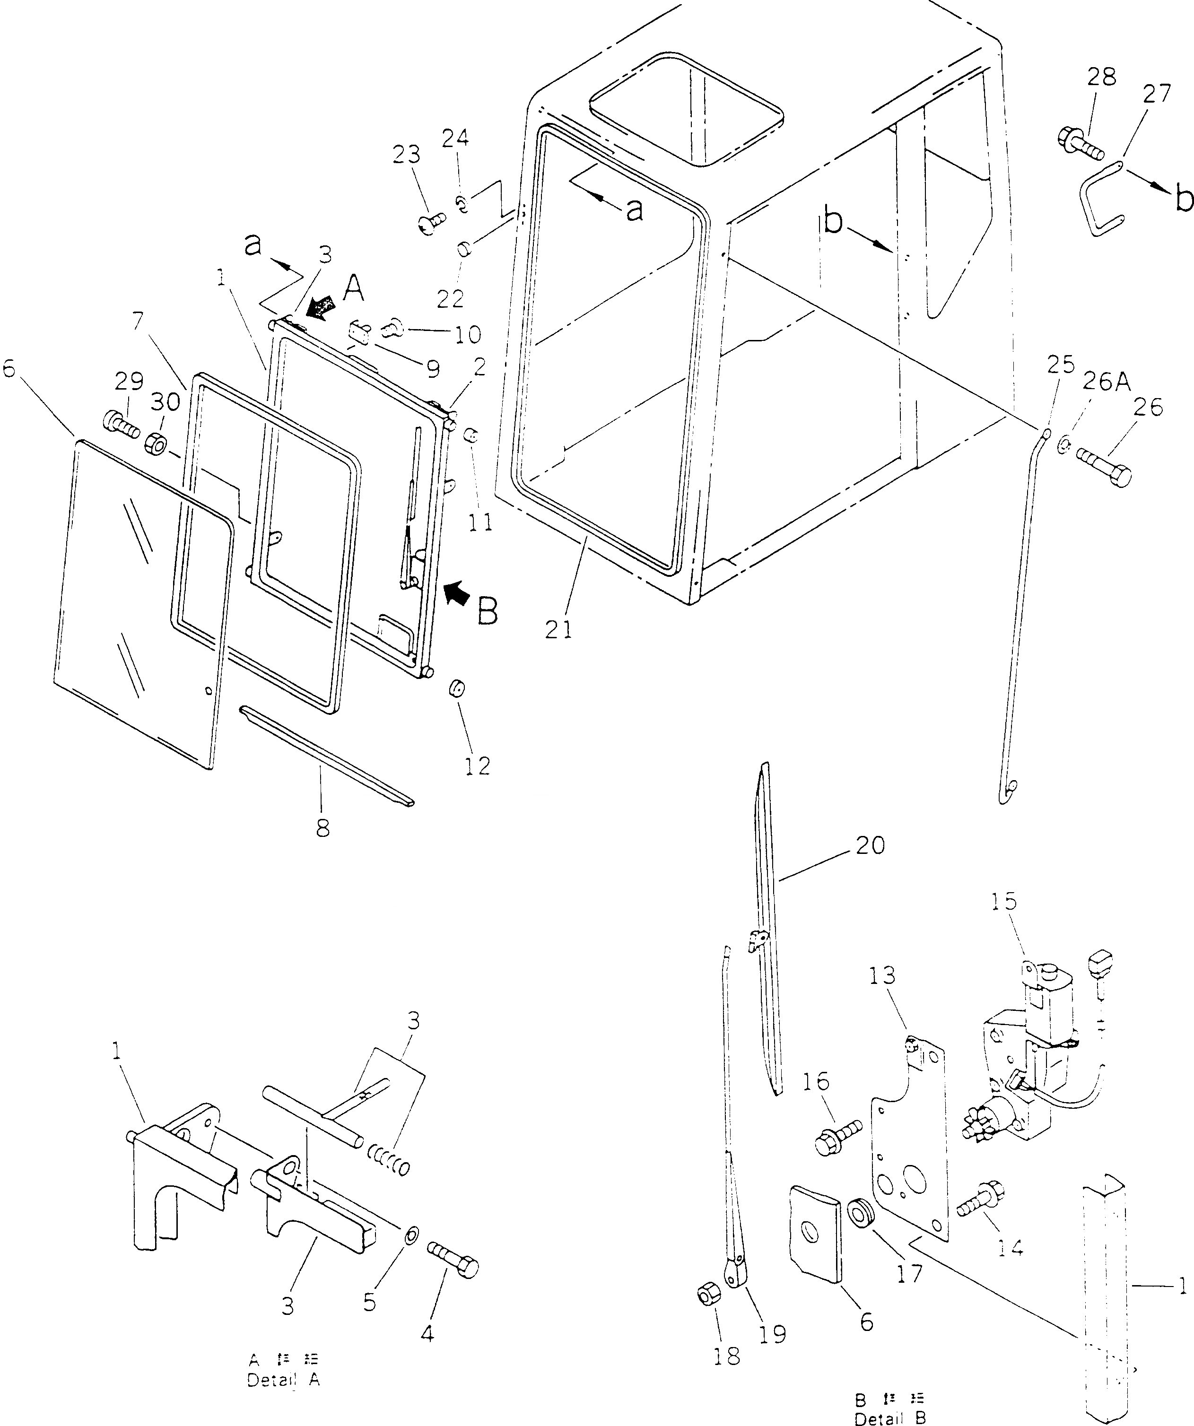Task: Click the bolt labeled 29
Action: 120,425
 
